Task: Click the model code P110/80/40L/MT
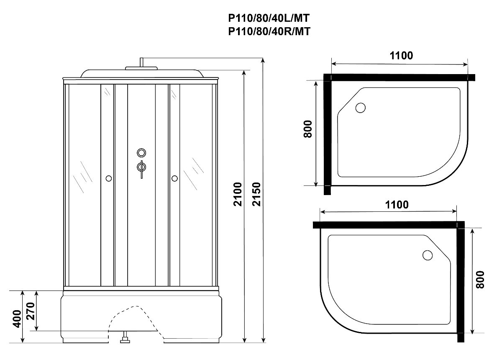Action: tap(269, 18)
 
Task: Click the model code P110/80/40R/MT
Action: tap(269, 31)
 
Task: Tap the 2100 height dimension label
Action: tap(238, 194)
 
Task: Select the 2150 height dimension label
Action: tap(256, 194)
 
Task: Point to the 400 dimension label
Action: tap(17, 319)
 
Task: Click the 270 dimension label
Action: tap(31, 311)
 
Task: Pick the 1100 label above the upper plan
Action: tap(401, 56)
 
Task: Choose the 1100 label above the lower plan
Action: tap(397, 205)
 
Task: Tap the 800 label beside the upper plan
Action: tap(308, 129)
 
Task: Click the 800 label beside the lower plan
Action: tap(480, 280)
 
